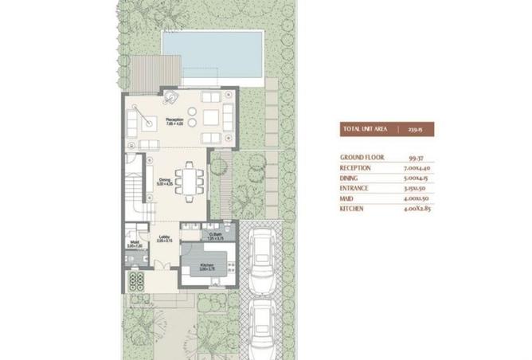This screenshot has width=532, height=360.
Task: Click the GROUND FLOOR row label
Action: pyautogui.click(x=363, y=157)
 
